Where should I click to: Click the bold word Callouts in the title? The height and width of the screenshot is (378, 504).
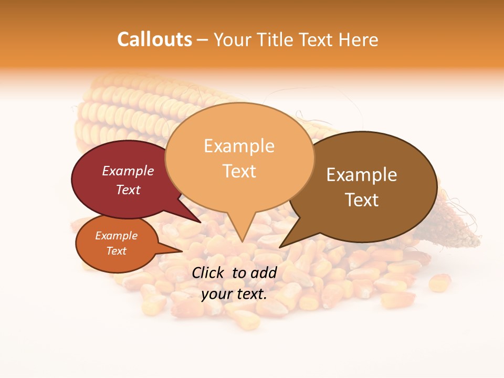pos(154,39)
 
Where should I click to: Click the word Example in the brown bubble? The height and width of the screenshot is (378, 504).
pos(362,175)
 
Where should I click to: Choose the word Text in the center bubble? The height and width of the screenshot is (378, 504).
pos(239,171)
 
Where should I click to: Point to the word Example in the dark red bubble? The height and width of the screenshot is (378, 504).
pos(128,171)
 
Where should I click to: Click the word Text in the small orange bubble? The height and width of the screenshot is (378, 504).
pos(117,251)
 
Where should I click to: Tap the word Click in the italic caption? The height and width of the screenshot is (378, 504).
pos(209,272)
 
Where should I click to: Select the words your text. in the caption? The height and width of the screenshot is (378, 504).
pos(234,294)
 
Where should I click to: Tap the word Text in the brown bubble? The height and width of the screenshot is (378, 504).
pos(362,200)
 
